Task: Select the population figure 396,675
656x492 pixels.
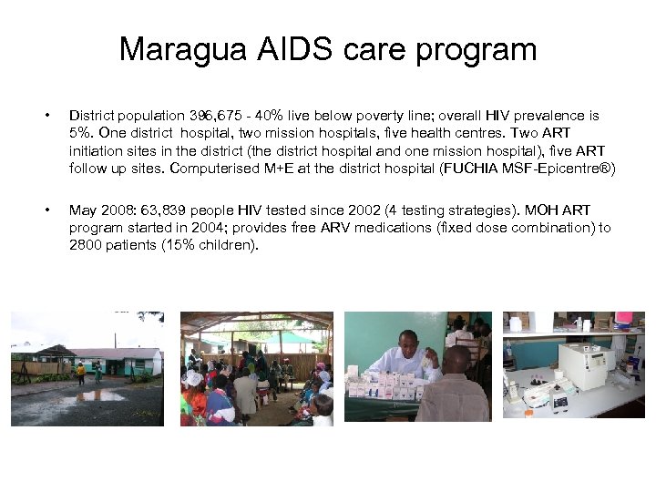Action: tap(210, 117)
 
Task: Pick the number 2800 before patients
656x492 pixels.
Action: tap(87, 245)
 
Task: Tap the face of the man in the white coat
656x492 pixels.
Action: tap(408, 343)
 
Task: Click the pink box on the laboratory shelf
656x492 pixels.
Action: tap(623, 319)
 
